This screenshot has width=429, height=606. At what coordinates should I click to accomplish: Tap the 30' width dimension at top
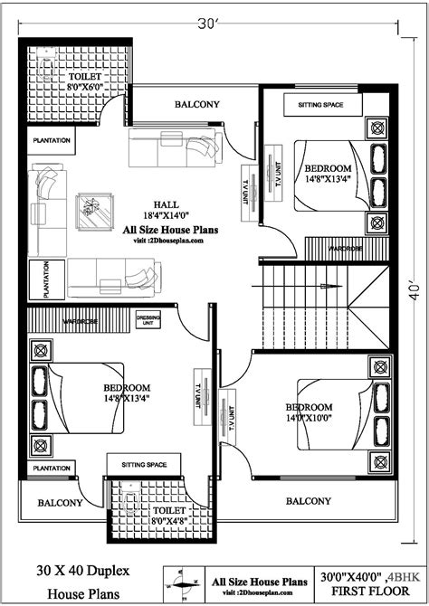pos(213,24)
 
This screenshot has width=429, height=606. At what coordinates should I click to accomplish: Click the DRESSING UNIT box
pos(148,321)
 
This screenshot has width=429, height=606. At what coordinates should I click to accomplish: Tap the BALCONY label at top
pos(197,105)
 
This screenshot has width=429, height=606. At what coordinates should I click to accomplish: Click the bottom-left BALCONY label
pos(60,502)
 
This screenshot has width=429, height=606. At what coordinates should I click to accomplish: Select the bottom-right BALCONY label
pos(308,500)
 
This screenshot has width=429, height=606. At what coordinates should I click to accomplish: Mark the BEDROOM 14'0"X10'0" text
pos(310,412)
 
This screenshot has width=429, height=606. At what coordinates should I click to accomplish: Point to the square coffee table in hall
pos(94,212)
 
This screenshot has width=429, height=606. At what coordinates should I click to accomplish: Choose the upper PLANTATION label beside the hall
pos(53,142)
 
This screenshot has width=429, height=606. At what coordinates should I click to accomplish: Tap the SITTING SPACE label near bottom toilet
pos(138,465)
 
